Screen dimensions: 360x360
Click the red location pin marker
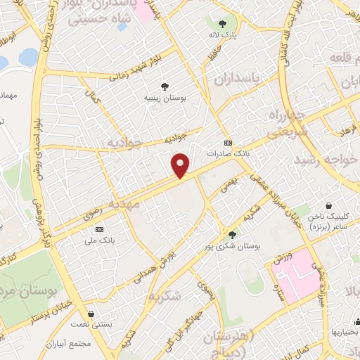181,166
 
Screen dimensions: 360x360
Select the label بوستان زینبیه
164,98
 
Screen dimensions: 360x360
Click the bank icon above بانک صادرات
228,142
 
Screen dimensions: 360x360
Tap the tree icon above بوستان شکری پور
232,235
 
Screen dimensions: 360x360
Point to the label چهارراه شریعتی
285,121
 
